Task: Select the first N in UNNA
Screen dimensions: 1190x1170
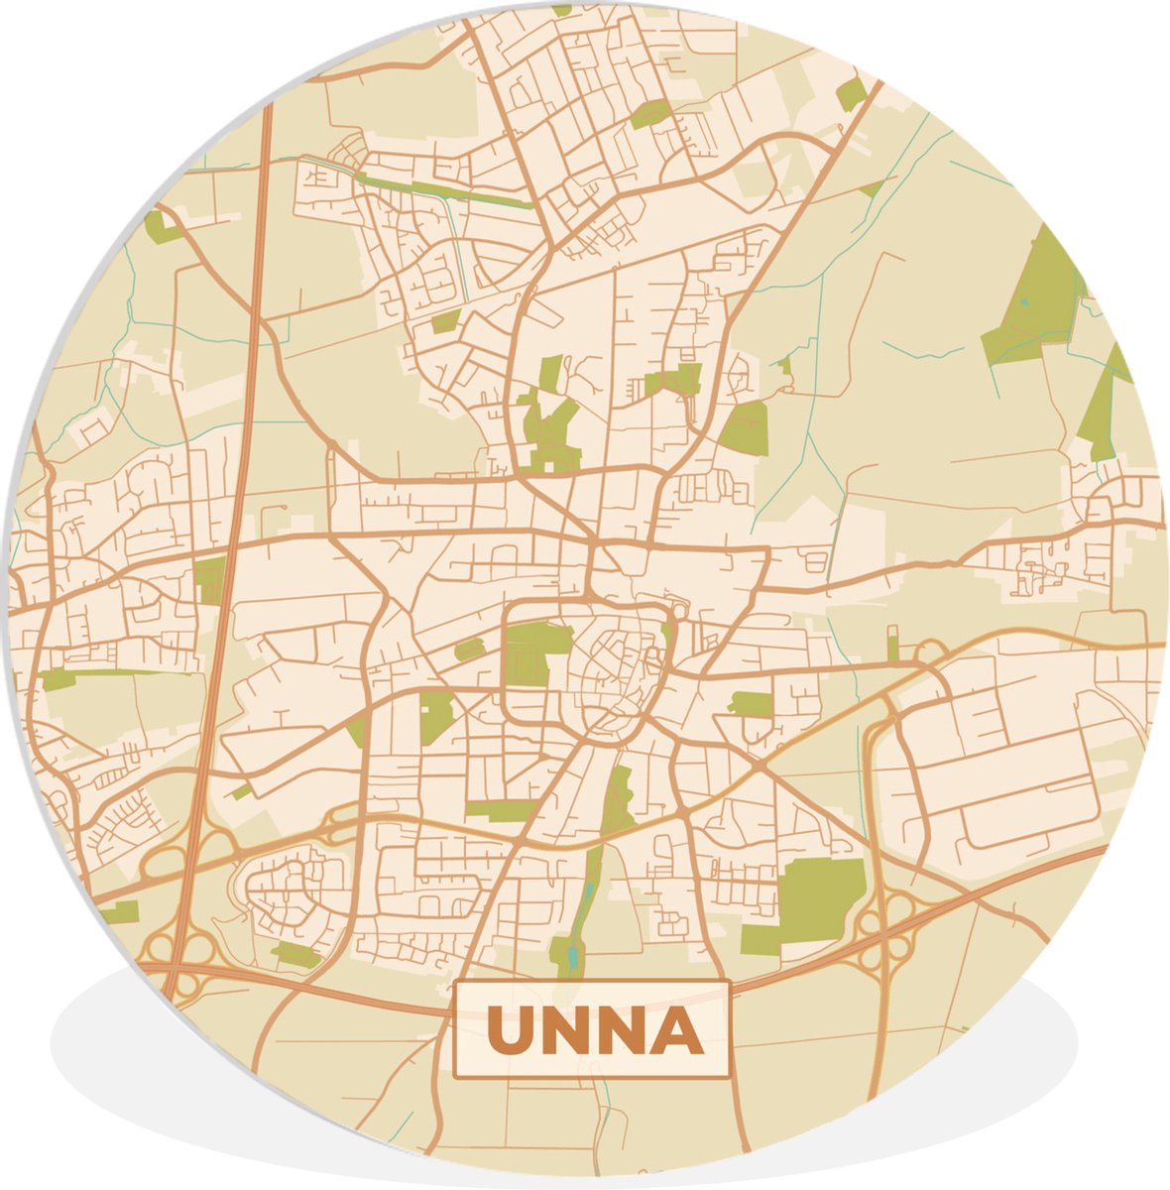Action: pyautogui.click(x=565, y=1031)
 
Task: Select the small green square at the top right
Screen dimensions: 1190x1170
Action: pyautogui.click(x=851, y=95)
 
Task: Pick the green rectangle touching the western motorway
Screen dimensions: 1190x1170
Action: pyautogui.click(x=210, y=580)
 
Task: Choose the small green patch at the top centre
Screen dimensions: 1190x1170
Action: pyautogui.click(x=649, y=114)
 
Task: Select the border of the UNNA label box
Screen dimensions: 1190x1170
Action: pyautogui.click(x=592, y=983)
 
